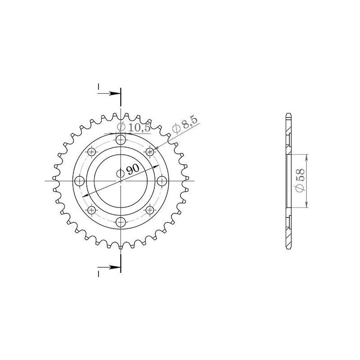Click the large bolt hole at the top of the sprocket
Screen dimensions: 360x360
[121, 140]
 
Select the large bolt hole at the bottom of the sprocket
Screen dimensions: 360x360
[121, 222]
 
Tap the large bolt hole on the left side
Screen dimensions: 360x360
[80, 181]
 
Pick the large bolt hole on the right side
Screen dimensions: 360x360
[162, 181]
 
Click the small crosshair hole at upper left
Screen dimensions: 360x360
[92, 152]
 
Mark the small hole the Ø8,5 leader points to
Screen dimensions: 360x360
[150, 152]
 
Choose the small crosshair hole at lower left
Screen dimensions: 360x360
[92, 210]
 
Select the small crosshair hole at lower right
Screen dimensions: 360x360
[150, 210]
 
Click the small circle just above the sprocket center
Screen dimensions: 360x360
[121, 173]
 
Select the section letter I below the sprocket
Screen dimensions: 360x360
[98, 273]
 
